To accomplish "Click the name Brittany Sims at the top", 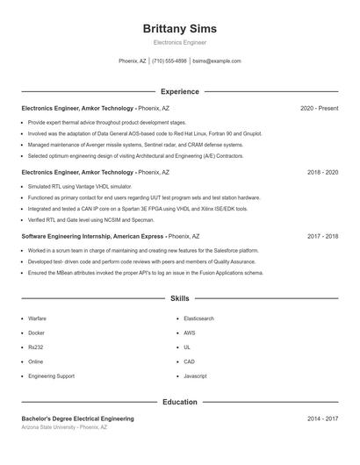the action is point(179,29).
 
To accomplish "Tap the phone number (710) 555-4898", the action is point(169,61).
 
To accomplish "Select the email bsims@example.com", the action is point(216,61).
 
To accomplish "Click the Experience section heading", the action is point(179,91).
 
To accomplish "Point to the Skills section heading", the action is point(179,299).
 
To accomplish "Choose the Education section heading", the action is point(179,402).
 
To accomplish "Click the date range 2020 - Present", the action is point(319,108).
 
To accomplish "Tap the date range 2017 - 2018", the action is point(322,236).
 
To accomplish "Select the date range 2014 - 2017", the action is point(322,419).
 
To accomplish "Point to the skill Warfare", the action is point(37,318).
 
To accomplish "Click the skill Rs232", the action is point(36,347).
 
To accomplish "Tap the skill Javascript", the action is point(195,376).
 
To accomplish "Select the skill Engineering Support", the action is point(51,376).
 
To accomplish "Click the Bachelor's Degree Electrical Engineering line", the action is point(77,419).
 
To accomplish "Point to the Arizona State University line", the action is point(64,427).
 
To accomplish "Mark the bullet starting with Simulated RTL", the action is point(79,187).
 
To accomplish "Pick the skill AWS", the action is point(190,333).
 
